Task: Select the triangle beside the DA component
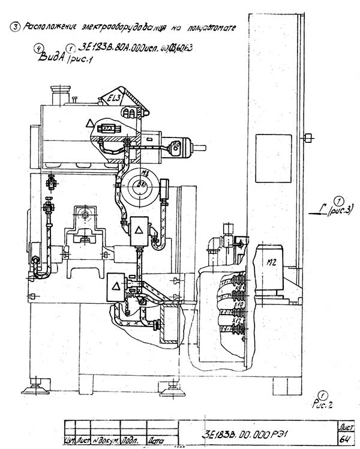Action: tap(89, 122)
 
